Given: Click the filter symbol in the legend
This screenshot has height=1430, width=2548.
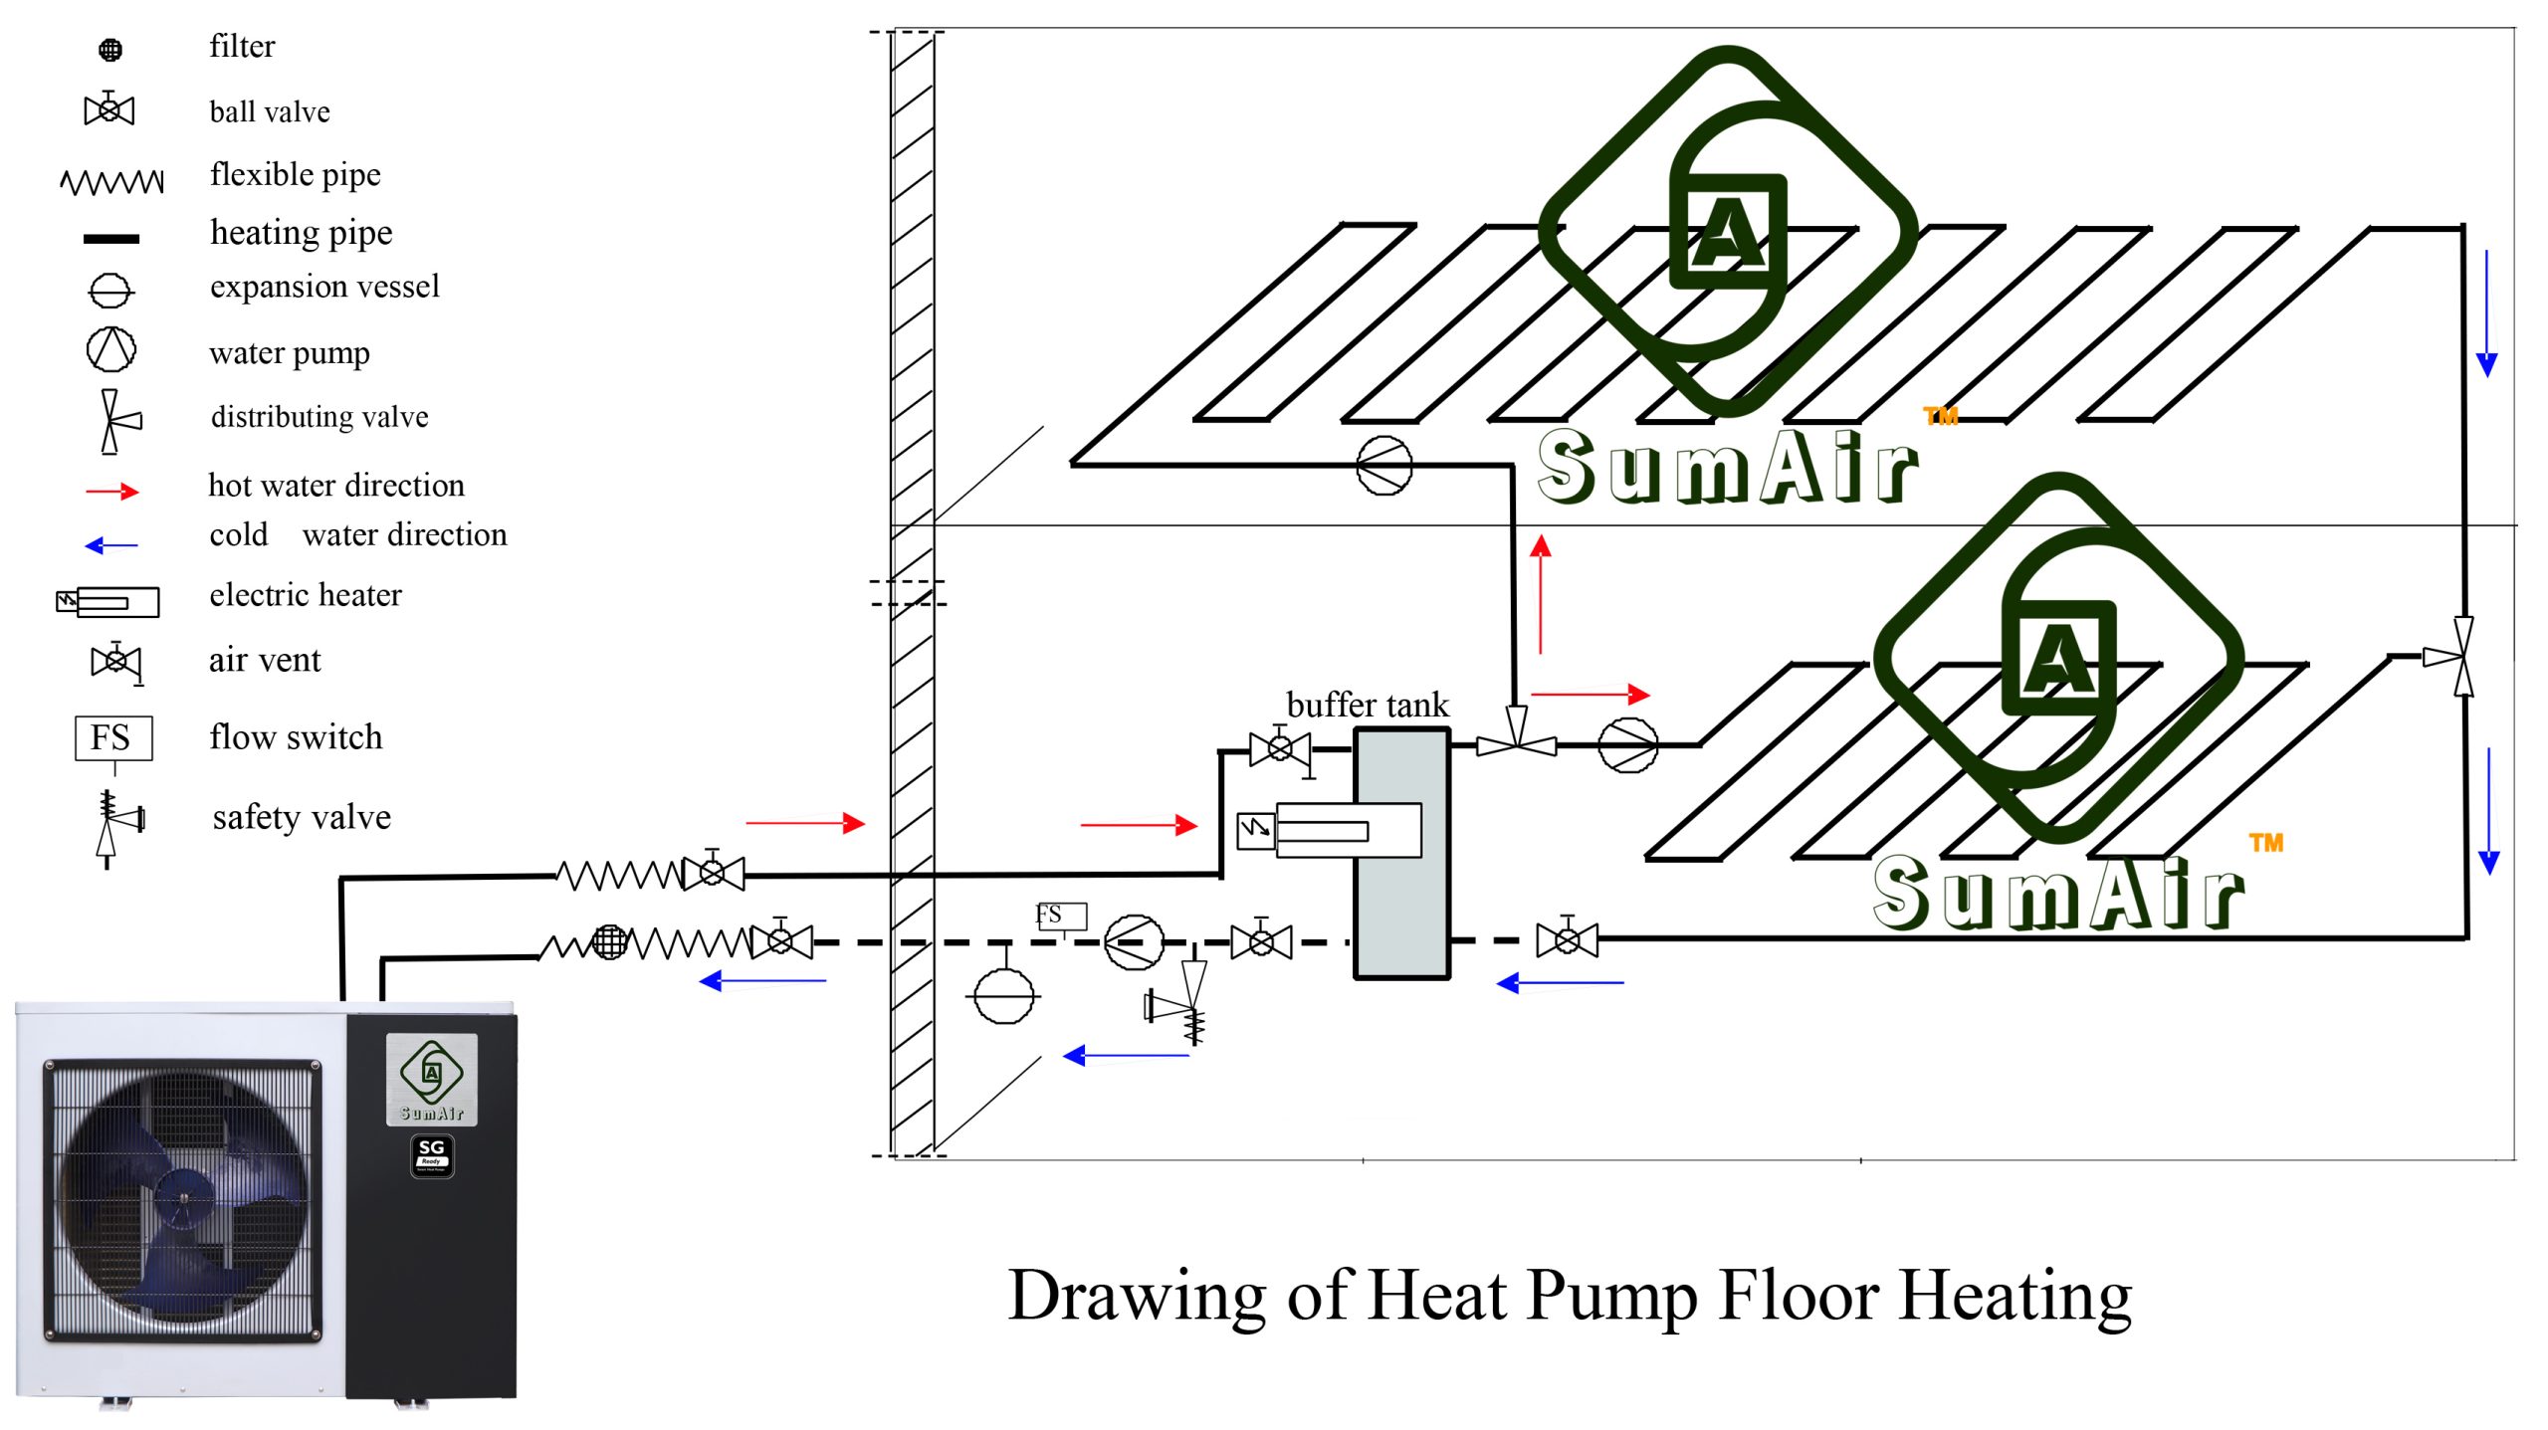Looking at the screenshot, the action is [x=110, y=49].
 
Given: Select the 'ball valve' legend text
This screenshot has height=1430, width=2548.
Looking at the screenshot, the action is [x=270, y=111].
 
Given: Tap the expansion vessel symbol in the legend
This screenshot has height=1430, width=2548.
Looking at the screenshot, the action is [x=110, y=291].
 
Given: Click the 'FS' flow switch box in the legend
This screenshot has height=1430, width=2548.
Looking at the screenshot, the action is [x=113, y=737].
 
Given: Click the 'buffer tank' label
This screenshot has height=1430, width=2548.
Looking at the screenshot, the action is [x=1368, y=705].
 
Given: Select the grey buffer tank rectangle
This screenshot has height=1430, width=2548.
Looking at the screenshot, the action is [x=1401, y=854].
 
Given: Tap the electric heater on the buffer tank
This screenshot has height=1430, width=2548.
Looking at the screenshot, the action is [x=1329, y=830].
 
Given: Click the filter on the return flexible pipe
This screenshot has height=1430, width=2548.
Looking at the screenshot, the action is [x=610, y=941].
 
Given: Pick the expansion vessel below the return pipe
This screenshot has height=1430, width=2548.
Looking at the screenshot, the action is [x=1004, y=994].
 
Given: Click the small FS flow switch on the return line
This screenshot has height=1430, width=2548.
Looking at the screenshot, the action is [x=1060, y=916].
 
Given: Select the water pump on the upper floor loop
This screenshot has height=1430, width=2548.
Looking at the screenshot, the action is [x=1384, y=465].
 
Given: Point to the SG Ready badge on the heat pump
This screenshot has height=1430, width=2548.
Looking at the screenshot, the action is [x=432, y=1155].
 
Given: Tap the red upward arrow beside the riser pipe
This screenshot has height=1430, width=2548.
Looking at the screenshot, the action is [x=1541, y=594].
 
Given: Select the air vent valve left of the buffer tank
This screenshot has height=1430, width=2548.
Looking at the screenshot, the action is [x=1281, y=748].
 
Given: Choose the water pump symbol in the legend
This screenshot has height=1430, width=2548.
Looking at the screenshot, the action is [x=110, y=349].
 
